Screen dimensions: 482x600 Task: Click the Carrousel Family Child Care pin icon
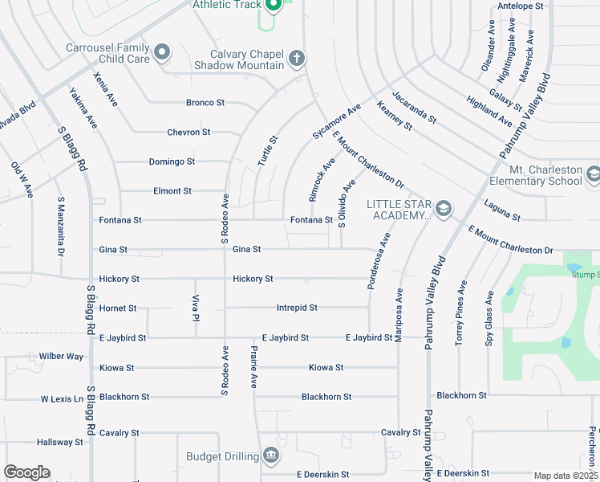click(162, 53)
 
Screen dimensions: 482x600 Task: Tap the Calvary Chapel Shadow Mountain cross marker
click(297, 59)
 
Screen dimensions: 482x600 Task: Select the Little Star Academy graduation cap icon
click(443, 210)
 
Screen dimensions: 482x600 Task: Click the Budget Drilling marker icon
click(271, 456)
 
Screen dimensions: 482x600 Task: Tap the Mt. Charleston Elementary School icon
click(593, 174)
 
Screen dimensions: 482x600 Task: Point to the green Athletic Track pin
click(274, 6)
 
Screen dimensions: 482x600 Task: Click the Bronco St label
click(205, 103)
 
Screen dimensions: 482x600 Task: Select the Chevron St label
click(189, 132)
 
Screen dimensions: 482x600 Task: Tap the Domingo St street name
click(172, 161)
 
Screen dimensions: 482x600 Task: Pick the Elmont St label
click(172, 191)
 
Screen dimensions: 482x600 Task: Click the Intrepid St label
click(297, 308)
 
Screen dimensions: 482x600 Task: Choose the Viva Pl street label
click(195, 307)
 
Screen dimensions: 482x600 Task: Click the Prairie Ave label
click(254, 369)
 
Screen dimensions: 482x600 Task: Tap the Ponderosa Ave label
click(378, 261)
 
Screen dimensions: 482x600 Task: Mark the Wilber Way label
click(61, 356)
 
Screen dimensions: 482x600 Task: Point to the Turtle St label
click(267, 150)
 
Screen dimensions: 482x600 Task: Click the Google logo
click(26, 472)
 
